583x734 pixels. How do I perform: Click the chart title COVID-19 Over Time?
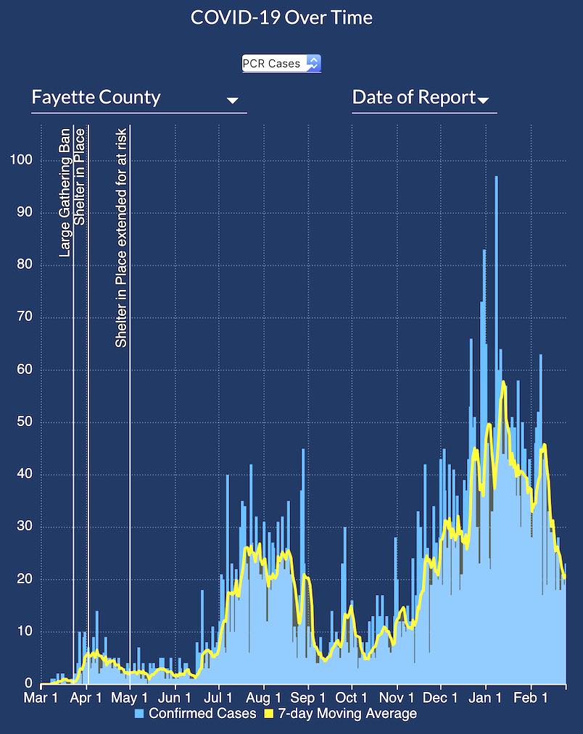281,17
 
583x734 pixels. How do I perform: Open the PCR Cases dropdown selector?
281,64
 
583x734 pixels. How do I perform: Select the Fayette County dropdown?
138,98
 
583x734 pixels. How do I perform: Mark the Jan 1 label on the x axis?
486,698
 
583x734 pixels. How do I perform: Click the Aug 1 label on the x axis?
263,698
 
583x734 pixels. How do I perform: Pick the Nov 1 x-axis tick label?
397,698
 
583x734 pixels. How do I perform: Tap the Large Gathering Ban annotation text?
65,193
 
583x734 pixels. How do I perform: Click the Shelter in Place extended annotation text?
122,238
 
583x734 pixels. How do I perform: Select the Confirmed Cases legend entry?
202,714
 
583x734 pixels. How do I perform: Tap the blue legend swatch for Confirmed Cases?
140,714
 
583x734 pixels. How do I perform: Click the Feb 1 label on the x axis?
531,698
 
